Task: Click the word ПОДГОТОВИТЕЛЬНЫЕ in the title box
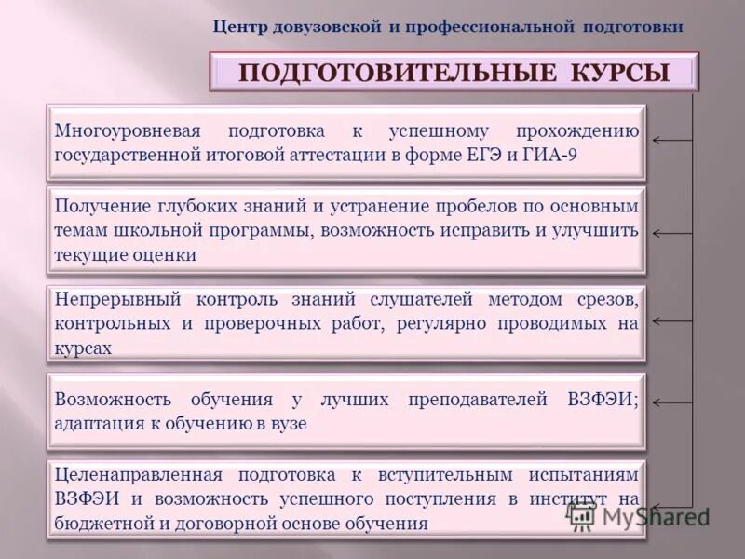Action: tap(394, 73)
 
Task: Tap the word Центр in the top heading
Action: tap(239, 27)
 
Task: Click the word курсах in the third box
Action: tap(83, 348)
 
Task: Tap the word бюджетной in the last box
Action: tap(99, 524)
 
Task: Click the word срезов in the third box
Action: tap(611, 299)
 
